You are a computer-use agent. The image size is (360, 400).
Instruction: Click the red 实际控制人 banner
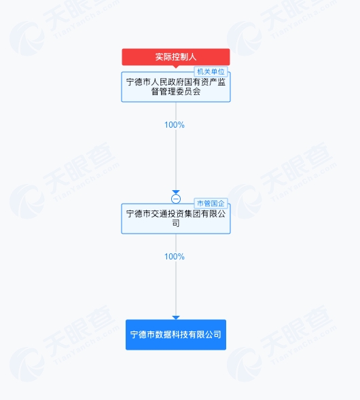(x=176, y=57)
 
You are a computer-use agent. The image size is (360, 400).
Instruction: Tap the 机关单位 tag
(x=211, y=72)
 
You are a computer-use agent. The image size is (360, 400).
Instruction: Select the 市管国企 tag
(x=211, y=203)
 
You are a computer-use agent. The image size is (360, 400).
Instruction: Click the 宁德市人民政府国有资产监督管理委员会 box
(x=176, y=87)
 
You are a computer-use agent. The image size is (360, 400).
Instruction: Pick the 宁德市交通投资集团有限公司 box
(x=176, y=219)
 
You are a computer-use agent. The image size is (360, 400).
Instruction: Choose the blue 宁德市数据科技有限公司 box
(x=176, y=335)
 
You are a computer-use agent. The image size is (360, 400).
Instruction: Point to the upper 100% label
(x=175, y=125)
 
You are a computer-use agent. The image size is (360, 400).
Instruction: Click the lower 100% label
(x=175, y=257)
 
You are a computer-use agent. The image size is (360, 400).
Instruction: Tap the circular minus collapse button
(x=176, y=199)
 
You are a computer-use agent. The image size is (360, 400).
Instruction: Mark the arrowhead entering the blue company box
(x=176, y=318)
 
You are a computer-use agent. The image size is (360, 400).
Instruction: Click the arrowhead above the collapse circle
(x=176, y=192)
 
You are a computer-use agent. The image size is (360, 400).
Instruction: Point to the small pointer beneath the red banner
(x=176, y=67)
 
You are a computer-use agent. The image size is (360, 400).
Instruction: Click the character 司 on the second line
(x=176, y=223)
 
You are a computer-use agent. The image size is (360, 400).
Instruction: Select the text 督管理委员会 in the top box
(x=176, y=91)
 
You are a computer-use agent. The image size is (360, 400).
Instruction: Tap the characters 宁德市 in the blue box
(x=143, y=335)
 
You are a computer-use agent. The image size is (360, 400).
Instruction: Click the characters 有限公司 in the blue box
(x=205, y=335)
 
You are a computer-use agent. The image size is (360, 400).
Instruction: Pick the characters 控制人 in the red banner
(x=184, y=57)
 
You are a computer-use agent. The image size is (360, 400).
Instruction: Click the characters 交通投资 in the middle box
(x=167, y=214)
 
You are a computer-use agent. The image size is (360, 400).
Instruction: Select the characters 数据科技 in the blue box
(x=171, y=335)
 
